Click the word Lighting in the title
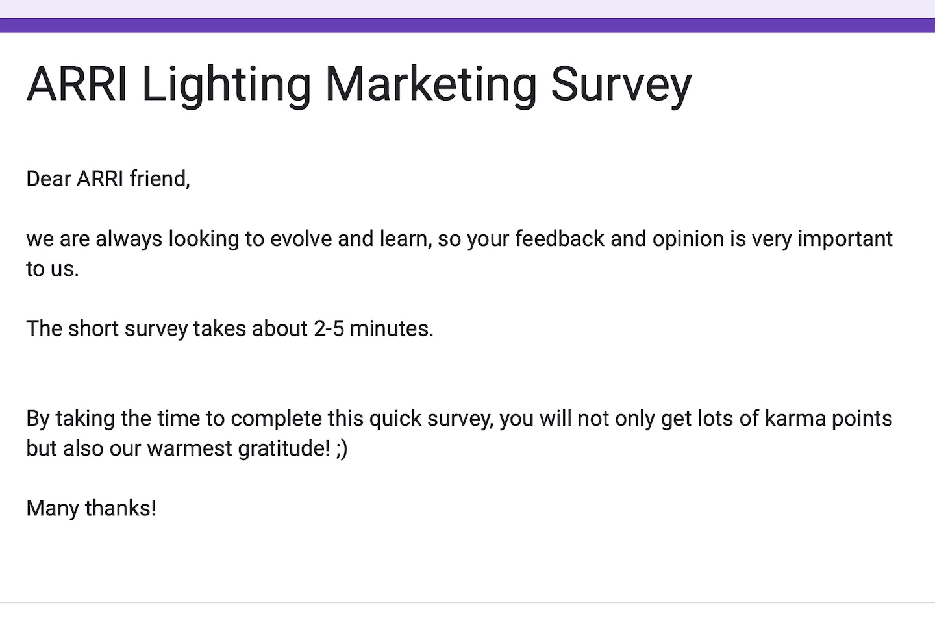point(226,85)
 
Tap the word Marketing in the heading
point(430,85)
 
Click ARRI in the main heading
point(77,84)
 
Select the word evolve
point(301,239)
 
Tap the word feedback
point(560,239)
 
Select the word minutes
point(392,328)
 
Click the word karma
point(795,419)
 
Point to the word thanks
point(121,508)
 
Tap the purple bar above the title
point(467,25)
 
